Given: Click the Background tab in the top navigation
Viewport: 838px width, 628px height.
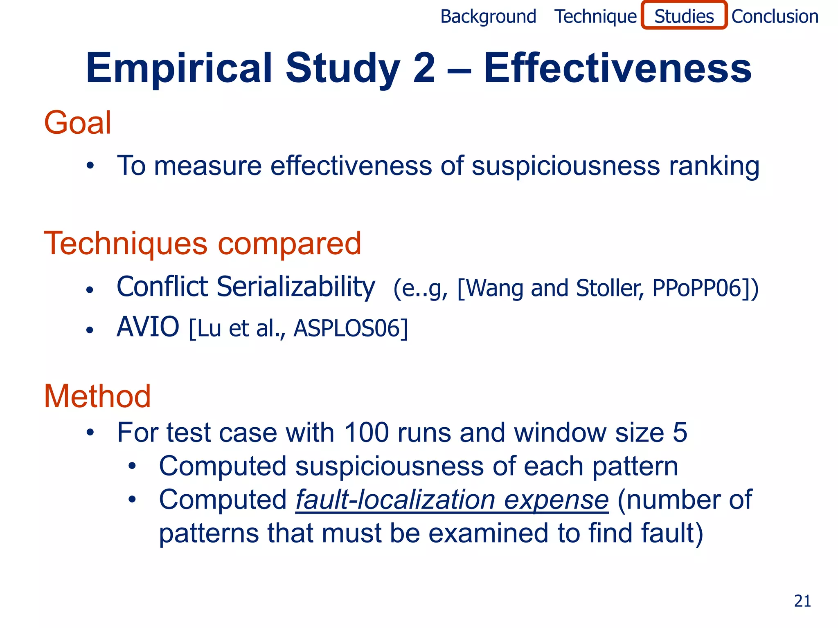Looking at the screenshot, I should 488,17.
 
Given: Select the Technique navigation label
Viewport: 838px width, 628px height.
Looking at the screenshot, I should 595,17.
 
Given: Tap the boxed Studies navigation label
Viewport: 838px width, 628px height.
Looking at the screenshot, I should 684,16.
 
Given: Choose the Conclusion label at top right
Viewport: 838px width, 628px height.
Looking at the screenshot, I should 775,17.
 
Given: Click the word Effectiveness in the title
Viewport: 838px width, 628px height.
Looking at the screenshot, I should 617,67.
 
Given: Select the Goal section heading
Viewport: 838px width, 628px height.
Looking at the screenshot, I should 77,123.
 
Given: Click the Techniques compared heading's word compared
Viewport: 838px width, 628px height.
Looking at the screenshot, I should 289,244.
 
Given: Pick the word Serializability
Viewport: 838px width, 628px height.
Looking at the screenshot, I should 295,287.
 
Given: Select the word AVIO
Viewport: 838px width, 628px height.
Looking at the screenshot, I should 148,327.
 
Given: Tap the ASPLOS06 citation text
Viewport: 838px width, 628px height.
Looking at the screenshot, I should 350,329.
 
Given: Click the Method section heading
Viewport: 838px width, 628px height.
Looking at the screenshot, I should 97,396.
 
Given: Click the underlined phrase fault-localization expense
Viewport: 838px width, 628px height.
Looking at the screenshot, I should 452,500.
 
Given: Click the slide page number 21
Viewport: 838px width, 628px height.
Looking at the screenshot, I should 802,601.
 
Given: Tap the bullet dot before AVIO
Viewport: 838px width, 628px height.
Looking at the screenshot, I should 90,330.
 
